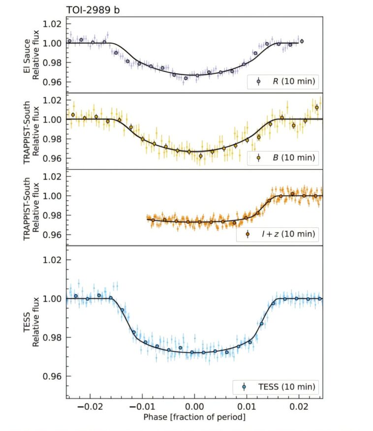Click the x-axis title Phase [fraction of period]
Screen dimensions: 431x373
pos(194,417)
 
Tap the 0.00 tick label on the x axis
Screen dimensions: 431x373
pos(194,406)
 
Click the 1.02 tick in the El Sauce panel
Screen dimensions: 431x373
pos(52,24)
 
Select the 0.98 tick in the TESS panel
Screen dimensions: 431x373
pos(52,338)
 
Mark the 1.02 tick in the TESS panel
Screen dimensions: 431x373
pos(52,260)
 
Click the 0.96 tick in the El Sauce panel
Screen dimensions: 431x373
pos(52,82)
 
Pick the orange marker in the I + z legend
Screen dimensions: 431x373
pos(248,234)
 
